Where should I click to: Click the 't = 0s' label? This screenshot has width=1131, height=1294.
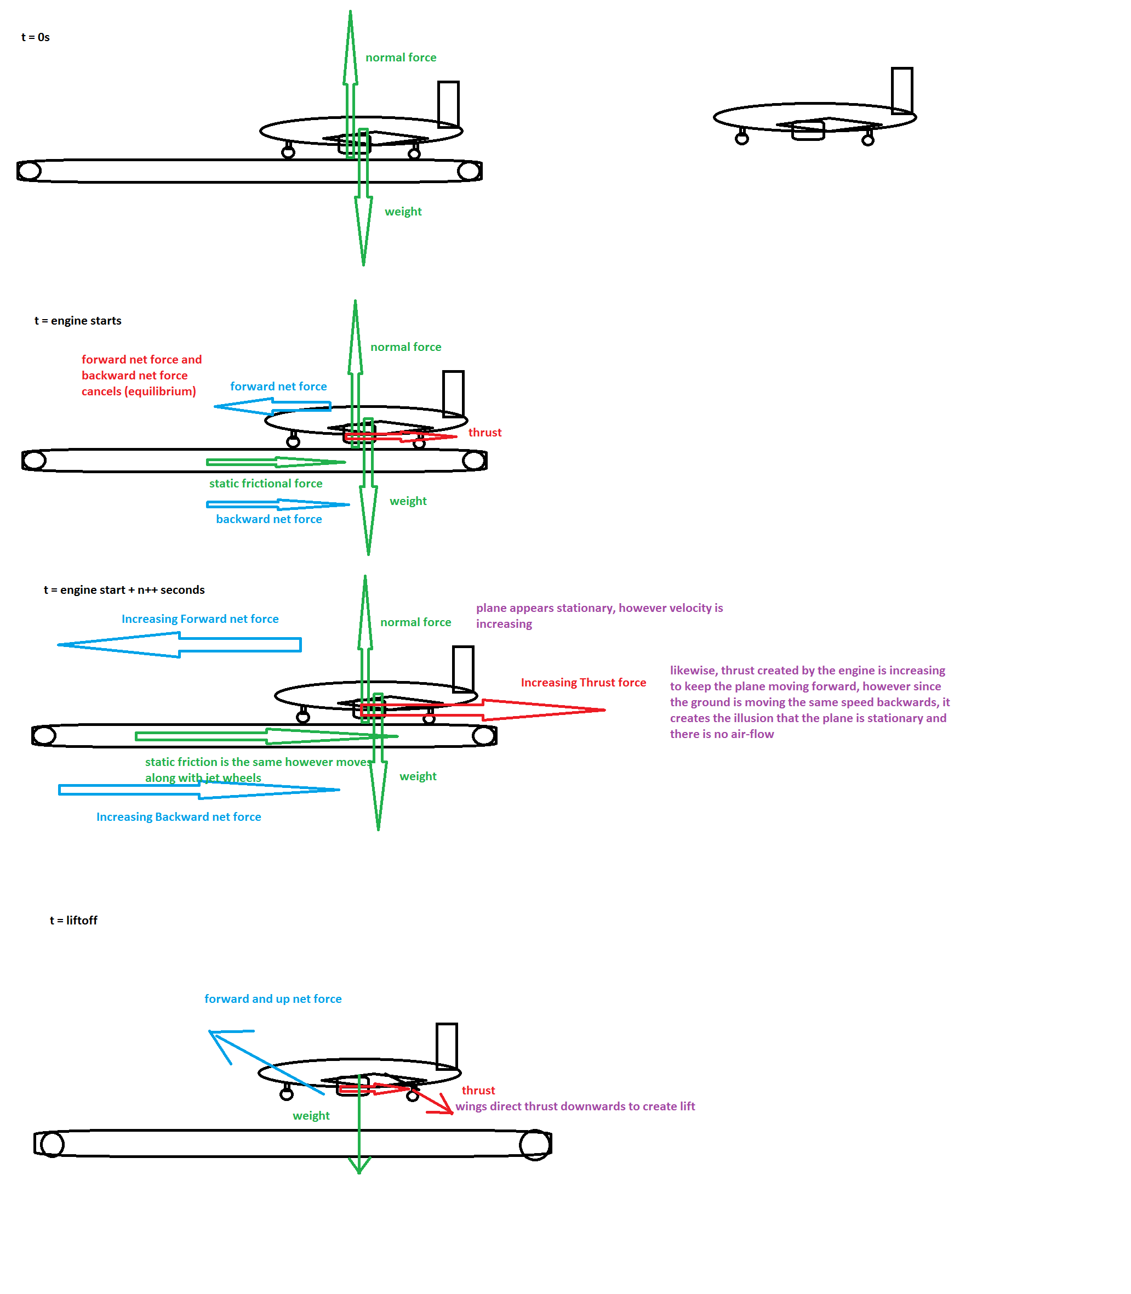tap(35, 37)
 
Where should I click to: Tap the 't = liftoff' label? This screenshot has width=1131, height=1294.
tap(73, 920)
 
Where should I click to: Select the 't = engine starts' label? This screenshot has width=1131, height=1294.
tap(78, 321)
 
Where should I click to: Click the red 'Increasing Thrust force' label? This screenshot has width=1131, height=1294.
tap(583, 683)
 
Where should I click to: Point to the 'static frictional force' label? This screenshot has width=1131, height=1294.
tap(266, 483)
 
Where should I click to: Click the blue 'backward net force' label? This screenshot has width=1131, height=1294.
tap(269, 519)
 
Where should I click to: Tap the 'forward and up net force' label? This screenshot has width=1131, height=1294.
tap(273, 998)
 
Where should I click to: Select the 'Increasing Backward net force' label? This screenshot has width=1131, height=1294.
tap(179, 816)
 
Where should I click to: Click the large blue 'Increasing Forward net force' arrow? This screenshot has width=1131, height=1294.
tap(179, 645)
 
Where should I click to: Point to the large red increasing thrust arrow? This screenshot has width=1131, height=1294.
tap(483, 710)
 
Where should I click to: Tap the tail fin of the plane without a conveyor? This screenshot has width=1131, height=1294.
tap(902, 91)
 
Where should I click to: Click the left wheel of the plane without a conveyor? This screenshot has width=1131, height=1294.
tap(741, 138)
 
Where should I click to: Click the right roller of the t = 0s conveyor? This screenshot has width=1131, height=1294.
tap(469, 171)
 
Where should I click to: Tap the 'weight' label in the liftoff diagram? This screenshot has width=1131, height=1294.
tap(311, 1115)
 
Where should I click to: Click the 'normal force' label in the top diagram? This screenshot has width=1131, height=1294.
tap(401, 58)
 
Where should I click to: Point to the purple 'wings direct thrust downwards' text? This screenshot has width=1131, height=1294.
tap(575, 1106)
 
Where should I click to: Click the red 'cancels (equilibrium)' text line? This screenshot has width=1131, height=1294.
tap(139, 391)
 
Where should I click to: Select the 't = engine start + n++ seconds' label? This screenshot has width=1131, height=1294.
tap(124, 590)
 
